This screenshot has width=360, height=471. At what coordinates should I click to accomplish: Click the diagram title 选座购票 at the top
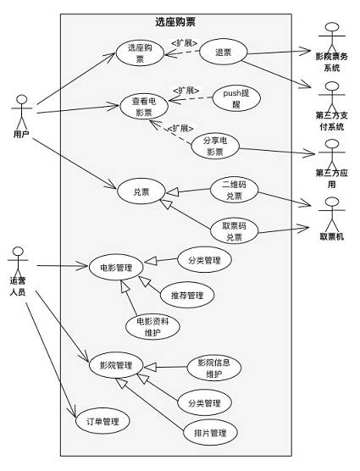175,22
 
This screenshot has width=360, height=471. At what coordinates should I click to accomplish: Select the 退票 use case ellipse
223,53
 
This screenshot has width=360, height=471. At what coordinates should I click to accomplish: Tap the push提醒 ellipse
236,98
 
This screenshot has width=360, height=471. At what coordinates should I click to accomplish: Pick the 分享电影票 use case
215,147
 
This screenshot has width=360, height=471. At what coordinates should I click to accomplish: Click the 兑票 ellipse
141,191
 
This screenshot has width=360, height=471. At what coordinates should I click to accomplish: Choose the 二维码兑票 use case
234,190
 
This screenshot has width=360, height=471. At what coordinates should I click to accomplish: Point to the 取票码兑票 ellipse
234,231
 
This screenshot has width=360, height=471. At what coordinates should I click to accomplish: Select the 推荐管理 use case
187,295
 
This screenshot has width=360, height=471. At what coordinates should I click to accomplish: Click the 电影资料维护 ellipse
152,327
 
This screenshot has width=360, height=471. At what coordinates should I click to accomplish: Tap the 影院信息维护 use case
214,368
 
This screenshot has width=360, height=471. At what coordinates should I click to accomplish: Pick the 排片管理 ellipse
210,433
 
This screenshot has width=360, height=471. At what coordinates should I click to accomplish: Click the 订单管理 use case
102,421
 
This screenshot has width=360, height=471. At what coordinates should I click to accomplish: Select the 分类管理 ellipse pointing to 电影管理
204,260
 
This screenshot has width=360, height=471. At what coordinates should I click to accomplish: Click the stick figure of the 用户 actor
22,113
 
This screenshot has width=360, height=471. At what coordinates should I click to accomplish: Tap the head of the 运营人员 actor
18,252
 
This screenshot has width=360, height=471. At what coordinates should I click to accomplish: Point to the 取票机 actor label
332,236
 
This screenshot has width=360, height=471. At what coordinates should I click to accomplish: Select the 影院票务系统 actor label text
332,62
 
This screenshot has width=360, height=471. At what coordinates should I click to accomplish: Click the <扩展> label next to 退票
185,43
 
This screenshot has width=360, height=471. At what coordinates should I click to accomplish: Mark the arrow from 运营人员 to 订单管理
51,360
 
